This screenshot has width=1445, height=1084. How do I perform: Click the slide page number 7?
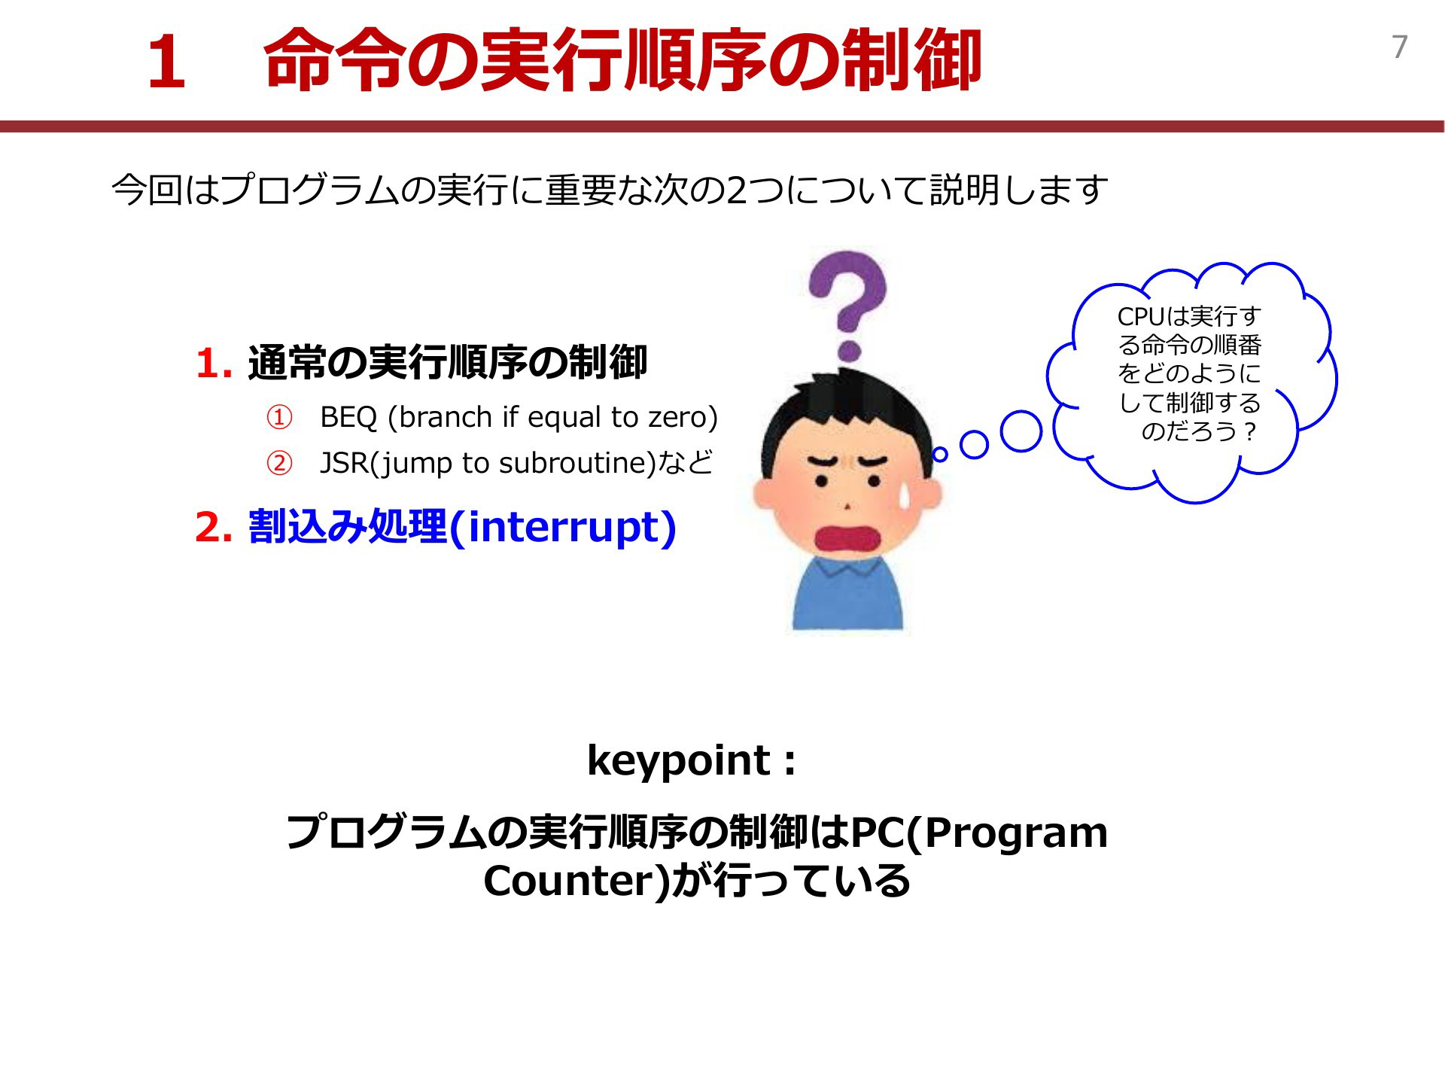coord(1400,47)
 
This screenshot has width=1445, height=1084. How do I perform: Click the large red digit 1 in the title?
coord(167,63)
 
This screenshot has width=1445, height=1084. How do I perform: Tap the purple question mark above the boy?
coord(848,305)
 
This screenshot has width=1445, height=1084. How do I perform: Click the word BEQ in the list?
coord(348,417)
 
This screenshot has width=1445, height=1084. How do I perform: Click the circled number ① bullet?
coord(279,418)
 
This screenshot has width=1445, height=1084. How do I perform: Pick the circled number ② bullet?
coord(279,464)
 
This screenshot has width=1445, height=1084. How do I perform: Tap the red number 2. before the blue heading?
coord(214,528)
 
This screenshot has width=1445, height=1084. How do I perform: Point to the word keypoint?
coord(679,761)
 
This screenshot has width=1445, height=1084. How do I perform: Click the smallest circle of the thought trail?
coord(940,455)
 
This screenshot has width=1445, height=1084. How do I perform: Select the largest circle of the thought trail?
coord(1021,431)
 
